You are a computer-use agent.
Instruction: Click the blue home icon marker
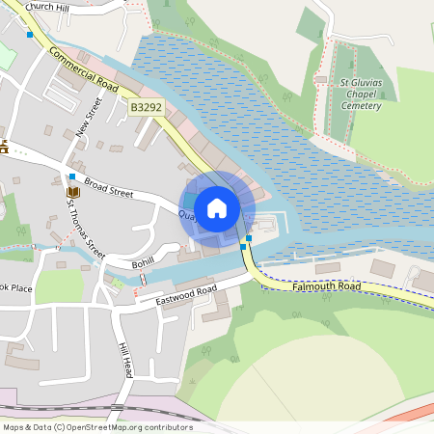tap(217, 207)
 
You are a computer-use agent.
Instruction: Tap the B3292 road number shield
tap(147, 110)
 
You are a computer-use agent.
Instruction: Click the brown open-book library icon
tap(72, 193)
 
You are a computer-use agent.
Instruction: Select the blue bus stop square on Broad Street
tap(72, 176)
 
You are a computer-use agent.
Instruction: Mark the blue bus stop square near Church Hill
tap(30, 34)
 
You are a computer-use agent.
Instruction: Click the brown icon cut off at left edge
tap(4, 147)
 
